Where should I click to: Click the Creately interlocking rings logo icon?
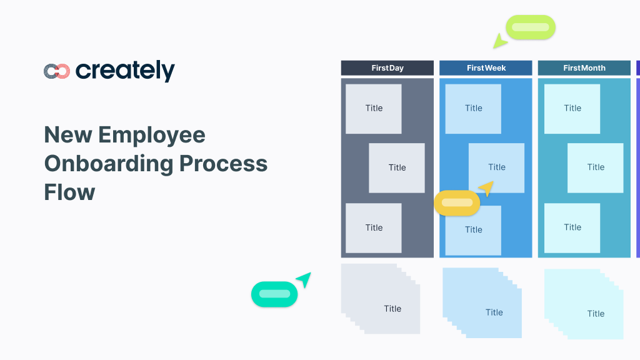[x=57, y=71]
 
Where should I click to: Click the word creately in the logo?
[x=125, y=71]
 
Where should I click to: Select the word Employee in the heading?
[x=152, y=136]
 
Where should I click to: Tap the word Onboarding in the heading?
[x=109, y=164]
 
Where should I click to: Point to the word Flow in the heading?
[x=69, y=192]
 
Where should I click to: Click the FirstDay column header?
[x=387, y=67]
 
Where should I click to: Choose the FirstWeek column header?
[x=486, y=67]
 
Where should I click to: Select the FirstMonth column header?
[x=584, y=67]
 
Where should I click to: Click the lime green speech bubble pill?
[x=531, y=27]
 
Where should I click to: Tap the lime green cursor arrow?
[x=499, y=41]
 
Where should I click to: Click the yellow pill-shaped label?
[x=457, y=203]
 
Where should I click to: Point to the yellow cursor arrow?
[x=487, y=188]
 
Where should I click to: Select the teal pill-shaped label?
[x=274, y=294]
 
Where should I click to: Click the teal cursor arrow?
[x=304, y=279]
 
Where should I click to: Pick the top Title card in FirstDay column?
[x=374, y=109]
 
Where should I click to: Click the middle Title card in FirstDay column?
[x=397, y=167]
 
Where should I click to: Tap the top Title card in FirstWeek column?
[x=473, y=109]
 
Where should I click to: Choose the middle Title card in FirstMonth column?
[x=595, y=167]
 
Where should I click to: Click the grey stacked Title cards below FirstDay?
[x=381, y=299]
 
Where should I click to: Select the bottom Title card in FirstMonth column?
[x=572, y=227]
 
